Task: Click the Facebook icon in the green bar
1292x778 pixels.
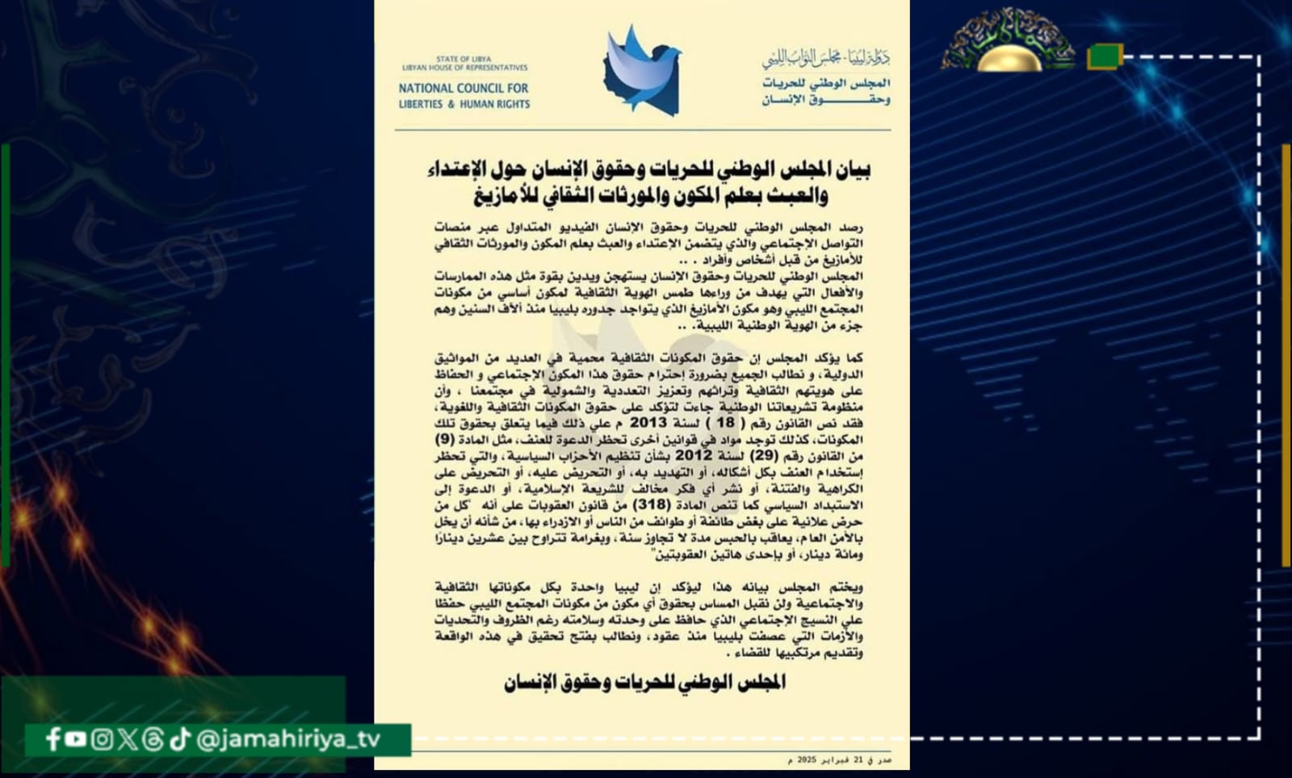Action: pos(53,738)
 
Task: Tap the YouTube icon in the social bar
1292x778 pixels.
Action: pos(76,738)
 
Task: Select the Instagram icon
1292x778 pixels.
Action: pos(102,738)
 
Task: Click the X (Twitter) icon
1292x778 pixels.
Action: pos(127,738)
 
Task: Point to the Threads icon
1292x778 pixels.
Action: pos(153,738)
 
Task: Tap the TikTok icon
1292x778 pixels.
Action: pos(179,738)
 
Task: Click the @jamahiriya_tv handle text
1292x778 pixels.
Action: pos(288,739)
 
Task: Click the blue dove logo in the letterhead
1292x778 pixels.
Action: pos(642,71)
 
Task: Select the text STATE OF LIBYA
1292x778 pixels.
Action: pos(464,59)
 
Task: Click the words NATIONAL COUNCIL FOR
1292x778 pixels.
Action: pos(464,88)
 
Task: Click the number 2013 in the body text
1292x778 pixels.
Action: pos(648,422)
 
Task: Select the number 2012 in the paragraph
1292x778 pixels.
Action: pos(694,455)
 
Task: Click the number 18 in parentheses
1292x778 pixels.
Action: pos(725,422)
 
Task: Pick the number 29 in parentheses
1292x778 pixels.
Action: pos(763,455)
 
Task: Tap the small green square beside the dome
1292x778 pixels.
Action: pos(1104,56)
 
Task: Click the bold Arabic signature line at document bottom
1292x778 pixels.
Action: pos(644,683)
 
